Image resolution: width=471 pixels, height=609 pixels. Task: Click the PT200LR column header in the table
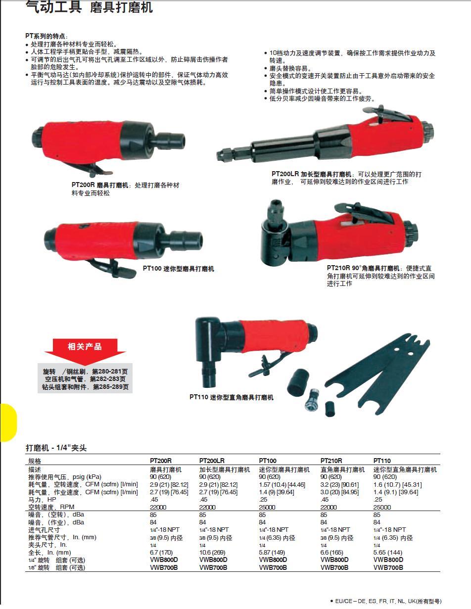coord(212,461)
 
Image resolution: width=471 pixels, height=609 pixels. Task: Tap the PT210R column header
coord(331,461)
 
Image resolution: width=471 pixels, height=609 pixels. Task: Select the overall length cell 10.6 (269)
coord(212,553)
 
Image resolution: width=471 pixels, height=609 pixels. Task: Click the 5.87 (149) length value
coord(272,553)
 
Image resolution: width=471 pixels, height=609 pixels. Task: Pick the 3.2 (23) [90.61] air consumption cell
coord(339,484)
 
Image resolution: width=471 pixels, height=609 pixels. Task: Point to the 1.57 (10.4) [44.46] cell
coord(282,484)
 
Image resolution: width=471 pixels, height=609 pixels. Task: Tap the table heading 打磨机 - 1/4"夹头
coord(56,448)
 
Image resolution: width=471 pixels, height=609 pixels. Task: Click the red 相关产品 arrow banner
coord(85,348)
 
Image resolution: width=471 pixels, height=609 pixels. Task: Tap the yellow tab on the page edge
coord(8,422)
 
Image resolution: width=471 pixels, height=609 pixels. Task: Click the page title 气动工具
coord(53,7)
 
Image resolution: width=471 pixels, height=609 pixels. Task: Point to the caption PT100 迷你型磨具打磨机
coord(178,269)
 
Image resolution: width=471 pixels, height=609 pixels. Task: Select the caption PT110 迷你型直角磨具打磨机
coord(231,397)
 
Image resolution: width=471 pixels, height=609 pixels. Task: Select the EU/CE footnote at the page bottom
coord(385,601)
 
